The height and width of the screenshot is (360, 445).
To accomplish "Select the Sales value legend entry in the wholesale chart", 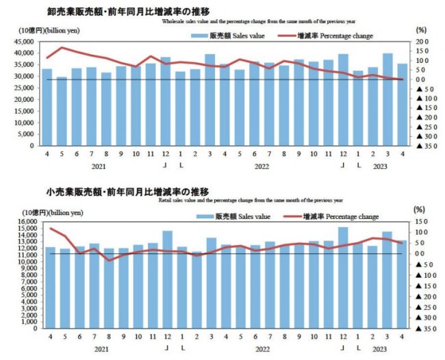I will [x=222, y=35].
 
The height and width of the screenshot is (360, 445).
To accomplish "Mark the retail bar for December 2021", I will [x=167, y=279].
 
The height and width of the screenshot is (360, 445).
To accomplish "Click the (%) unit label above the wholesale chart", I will [x=420, y=30].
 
